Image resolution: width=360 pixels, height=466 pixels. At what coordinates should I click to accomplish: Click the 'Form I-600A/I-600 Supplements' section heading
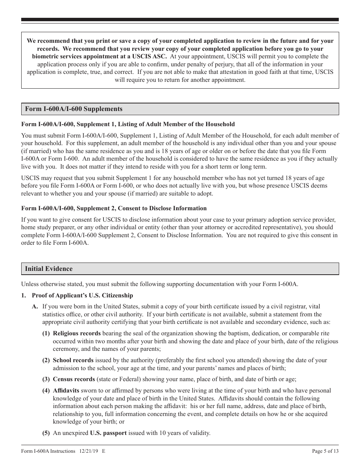pyautogui.click(x=74, y=109)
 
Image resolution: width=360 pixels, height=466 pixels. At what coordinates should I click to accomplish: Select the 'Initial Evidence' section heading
pyautogui.click(x=49, y=269)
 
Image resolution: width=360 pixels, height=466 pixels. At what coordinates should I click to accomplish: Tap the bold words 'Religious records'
pyautogui.click(x=77, y=333)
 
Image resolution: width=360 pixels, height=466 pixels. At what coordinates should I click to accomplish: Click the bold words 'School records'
pyautogui.click(x=73, y=360)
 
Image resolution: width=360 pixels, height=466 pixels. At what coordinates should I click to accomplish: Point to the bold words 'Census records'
pyautogui.click(x=74, y=379)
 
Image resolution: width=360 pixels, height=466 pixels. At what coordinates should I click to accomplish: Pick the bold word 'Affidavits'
pyautogui.click(x=66, y=391)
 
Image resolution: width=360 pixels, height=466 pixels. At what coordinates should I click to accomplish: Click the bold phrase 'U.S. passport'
pyautogui.click(x=108, y=433)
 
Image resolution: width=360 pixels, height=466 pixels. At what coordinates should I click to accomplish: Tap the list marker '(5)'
pyautogui.click(x=46, y=433)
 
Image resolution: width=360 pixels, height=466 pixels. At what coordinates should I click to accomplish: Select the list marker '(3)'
pyautogui.click(x=46, y=379)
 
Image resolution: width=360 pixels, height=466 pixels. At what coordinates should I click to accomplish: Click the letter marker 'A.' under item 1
pyautogui.click(x=35, y=306)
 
